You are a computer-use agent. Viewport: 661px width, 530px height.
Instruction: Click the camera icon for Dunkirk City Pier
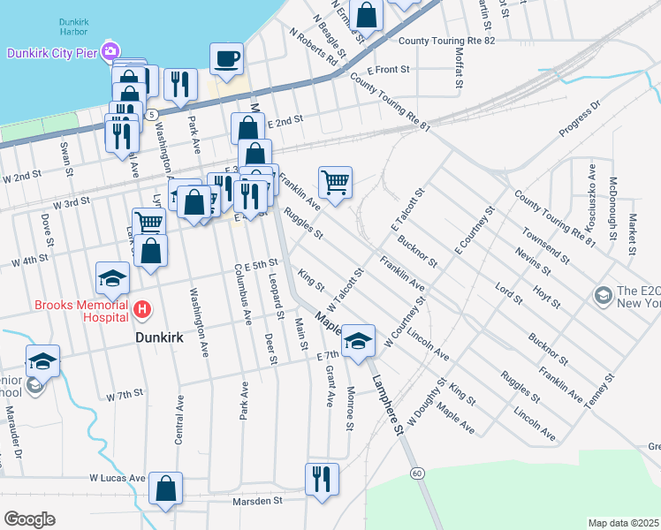(x=110, y=51)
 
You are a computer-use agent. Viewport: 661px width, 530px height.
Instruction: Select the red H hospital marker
(x=141, y=309)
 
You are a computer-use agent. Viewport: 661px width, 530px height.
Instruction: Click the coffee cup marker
(x=226, y=58)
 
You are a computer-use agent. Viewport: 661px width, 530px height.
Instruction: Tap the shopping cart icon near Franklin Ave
(x=335, y=183)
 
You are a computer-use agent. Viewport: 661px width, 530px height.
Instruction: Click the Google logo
(x=29, y=519)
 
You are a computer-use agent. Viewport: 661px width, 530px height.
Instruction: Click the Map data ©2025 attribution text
(x=623, y=523)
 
